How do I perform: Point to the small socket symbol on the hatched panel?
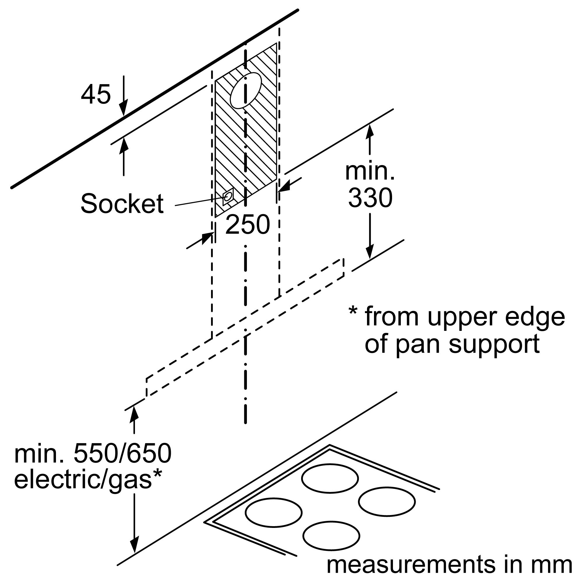click(228, 197)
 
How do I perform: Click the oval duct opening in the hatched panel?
click(246, 91)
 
